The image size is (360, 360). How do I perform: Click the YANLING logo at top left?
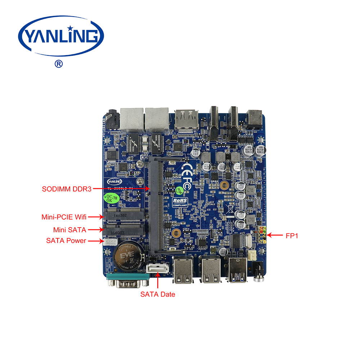(61, 36)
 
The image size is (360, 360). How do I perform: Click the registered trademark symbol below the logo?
(58, 64)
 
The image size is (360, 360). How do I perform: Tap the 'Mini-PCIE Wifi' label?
(64, 217)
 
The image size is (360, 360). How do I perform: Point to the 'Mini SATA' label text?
(69, 229)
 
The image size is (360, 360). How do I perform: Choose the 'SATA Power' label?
(66, 240)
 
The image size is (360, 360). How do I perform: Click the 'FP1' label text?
(292, 236)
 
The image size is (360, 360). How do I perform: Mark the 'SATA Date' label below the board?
(157, 294)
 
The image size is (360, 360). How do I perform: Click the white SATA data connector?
(157, 269)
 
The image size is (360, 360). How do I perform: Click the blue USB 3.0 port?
(237, 270)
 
